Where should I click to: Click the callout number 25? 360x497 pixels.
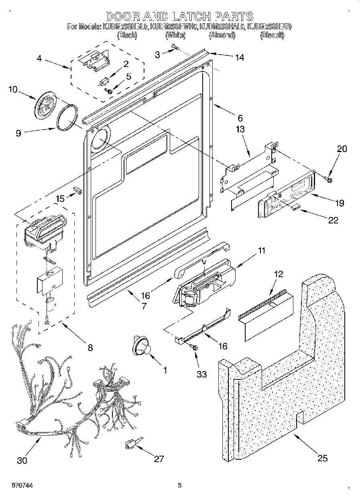tap(322, 458)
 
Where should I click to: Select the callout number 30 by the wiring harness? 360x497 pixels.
tap(22, 460)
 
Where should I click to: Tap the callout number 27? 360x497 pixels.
tap(159, 459)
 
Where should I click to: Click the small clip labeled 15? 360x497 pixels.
tap(77, 189)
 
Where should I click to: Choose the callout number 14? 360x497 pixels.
tap(239, 57)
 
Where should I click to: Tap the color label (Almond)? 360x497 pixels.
tap(222, 35)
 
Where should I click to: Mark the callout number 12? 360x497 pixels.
tap(278, 274)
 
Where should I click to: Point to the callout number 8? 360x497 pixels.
tap(89, 348)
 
